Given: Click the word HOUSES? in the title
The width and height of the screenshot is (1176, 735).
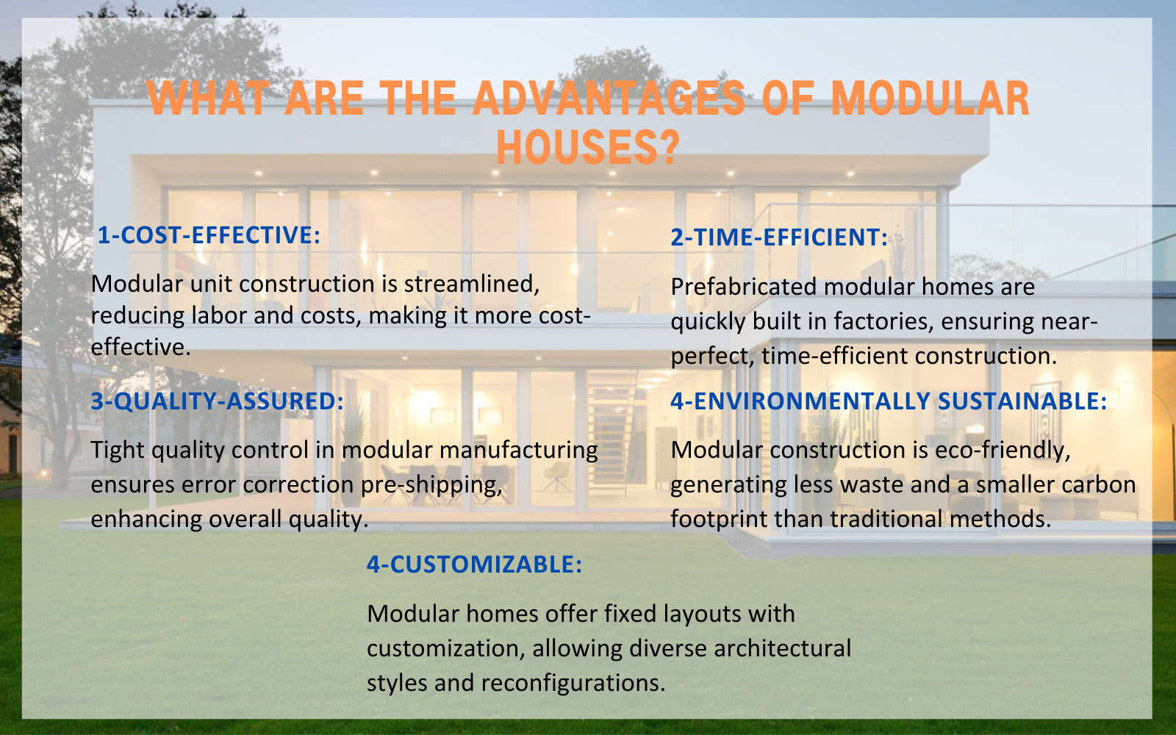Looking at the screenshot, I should coord(587,147).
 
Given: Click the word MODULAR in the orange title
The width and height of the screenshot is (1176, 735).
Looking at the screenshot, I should coord(930,99).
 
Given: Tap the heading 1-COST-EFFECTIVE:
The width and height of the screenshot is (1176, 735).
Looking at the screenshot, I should coord(209,235).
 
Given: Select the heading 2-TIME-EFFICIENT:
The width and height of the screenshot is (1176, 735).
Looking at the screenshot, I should coord(779,237).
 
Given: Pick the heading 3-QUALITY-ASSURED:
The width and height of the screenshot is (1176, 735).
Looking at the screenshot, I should coord(218,401).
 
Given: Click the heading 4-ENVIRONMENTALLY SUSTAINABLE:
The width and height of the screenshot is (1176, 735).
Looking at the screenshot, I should coord(889,401).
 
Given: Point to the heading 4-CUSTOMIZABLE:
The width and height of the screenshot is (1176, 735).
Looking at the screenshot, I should coord(474,564).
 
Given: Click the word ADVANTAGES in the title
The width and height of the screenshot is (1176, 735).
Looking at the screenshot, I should coord(609,99).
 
